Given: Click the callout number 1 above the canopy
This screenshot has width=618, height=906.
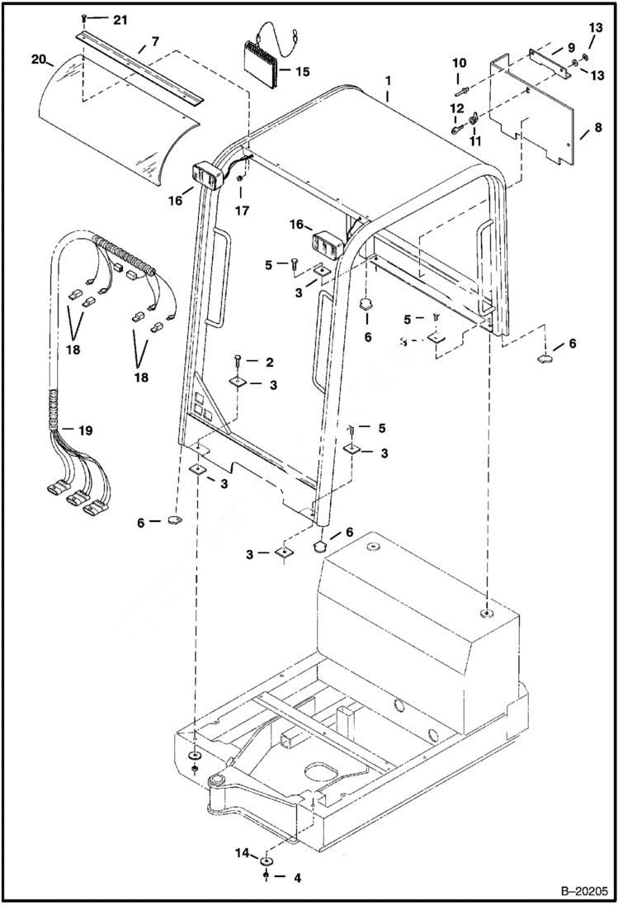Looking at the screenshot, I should (389, 83).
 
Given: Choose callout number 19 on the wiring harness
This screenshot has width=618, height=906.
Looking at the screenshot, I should (85, 430).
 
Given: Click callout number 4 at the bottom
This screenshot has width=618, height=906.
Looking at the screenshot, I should (295, 878).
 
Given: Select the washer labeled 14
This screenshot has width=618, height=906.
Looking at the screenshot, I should (267, 862).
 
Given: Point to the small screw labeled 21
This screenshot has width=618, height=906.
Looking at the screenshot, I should (84, 19).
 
